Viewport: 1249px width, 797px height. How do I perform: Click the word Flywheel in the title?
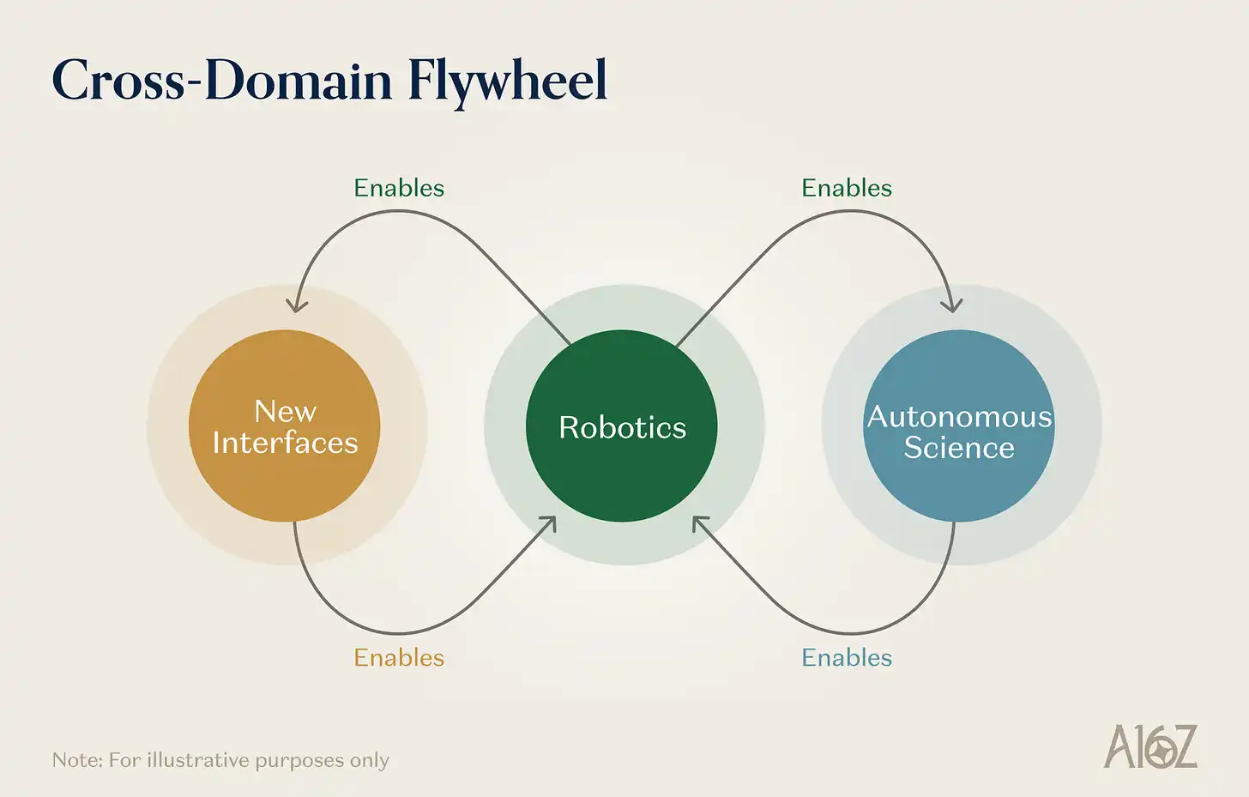pos(507,82)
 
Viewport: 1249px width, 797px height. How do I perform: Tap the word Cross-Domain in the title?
pos(222,82)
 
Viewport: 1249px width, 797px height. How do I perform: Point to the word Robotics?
pos(622,427)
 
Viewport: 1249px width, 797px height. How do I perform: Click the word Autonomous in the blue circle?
pos(959,417)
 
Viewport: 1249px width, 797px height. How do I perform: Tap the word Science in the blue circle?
pos(959,448)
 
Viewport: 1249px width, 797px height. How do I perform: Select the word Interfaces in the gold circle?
pos(285,443)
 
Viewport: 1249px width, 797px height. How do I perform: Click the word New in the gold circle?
pos(286,412)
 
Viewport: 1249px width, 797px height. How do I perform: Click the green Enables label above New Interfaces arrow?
pos(399,188)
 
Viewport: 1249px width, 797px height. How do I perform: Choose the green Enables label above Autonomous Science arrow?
pos(847,188)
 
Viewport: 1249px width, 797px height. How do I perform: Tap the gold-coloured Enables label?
pos(399,657)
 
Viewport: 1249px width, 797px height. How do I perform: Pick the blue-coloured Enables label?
pos(847,657)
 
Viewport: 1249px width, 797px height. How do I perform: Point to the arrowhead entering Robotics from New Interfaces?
pos(550,522)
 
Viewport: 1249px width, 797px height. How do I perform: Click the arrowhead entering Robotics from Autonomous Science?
pos(698,522)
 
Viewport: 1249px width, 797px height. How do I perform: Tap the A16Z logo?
pos(1149,746)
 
